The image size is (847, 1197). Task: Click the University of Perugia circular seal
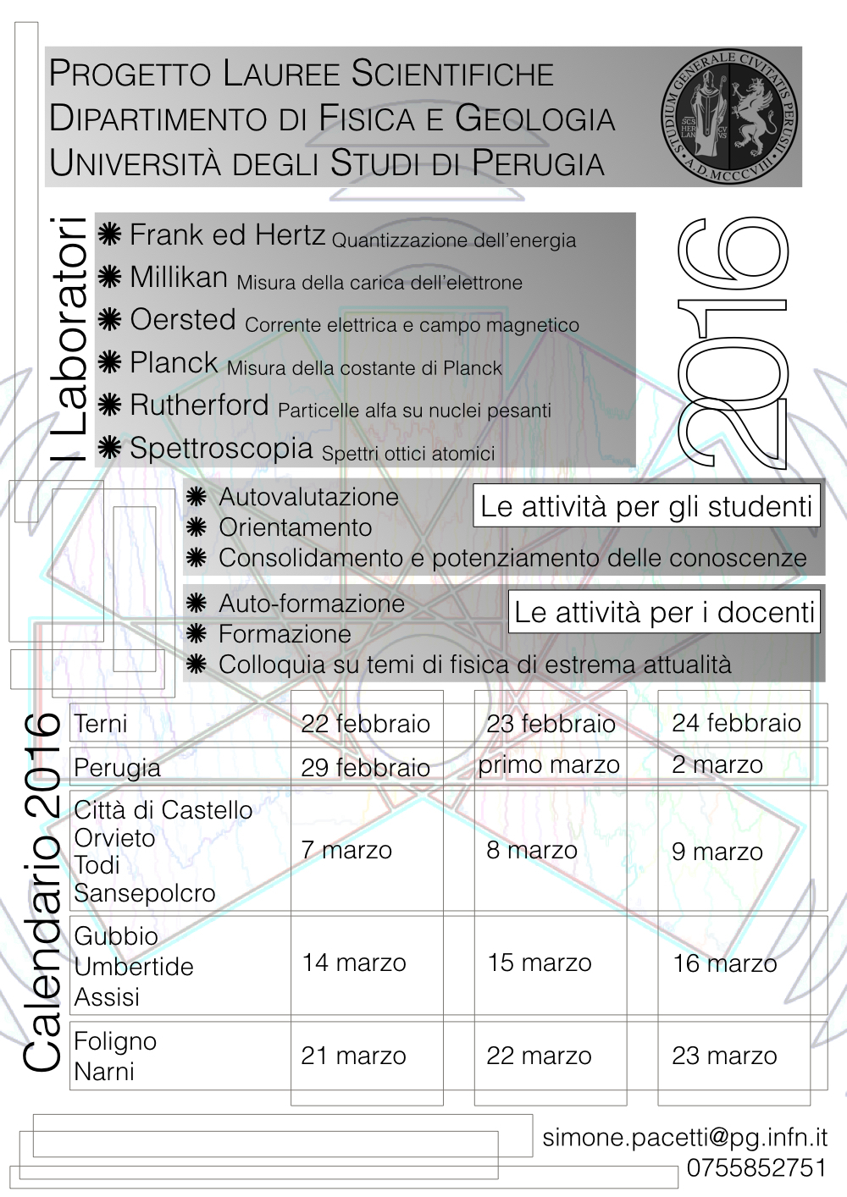(729, 117)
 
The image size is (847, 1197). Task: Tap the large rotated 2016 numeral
(733, 343)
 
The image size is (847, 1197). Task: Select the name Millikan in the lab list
(179, 278)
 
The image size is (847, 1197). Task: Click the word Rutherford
(199, 405)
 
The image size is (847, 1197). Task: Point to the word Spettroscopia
(221, 448)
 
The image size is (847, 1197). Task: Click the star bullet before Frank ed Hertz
(109, 235)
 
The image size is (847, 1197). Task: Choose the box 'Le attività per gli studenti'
(646, 506)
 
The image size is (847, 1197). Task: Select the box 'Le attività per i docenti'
(664, 612)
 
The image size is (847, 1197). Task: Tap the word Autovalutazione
(308, 497)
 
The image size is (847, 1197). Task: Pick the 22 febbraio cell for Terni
(366, 724)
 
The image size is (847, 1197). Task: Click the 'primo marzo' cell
(549, 765)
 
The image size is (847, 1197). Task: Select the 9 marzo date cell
(717, 852)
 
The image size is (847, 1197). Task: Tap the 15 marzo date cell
(540, 963)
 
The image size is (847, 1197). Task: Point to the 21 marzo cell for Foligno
(353, 1056)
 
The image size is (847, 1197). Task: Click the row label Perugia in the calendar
(117, 768)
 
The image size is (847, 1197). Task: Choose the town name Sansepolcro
(145, 893)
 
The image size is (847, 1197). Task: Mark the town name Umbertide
(134, 967)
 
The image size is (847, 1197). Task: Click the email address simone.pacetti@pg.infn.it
(684, 1138)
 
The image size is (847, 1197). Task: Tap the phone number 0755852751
(756, 1168)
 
